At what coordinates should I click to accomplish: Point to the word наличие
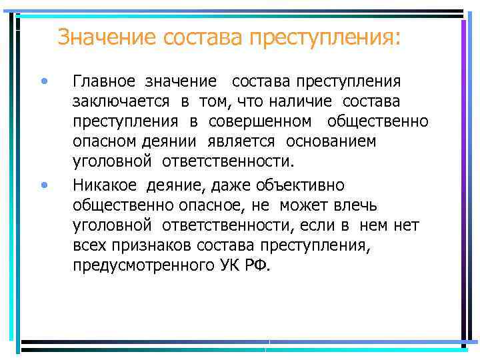click(311, 101)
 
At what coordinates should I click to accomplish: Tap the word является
click(249, 141)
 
